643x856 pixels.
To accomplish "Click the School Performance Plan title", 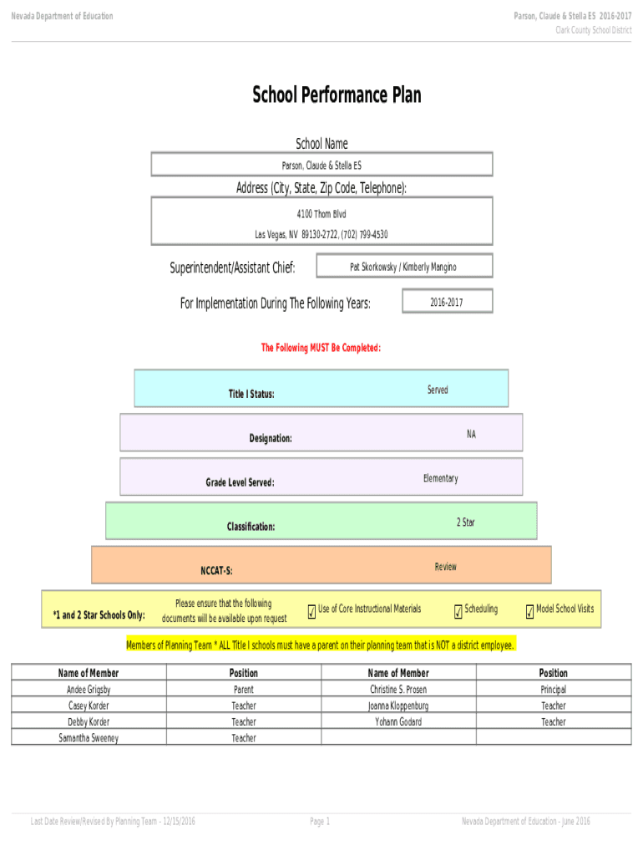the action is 337,95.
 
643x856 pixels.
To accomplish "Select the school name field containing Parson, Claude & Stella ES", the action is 321,165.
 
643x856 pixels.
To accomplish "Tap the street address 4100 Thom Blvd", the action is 321,214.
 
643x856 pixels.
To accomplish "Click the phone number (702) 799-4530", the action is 364,235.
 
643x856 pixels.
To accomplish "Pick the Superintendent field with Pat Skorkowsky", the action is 404,266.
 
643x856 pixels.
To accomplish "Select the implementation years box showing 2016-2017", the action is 448,301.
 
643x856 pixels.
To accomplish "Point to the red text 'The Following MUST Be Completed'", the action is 321,348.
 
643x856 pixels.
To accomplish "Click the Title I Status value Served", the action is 438,390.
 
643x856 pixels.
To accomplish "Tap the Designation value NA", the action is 471,434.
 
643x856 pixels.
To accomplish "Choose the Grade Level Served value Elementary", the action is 441,478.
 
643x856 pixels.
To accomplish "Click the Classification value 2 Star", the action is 466,522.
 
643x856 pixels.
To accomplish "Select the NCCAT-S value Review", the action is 446,567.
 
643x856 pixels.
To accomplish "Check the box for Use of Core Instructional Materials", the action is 312,612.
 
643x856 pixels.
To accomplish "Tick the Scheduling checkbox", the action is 458,612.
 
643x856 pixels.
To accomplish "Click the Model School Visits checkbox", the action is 529,612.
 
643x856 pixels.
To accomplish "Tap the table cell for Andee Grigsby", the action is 89,689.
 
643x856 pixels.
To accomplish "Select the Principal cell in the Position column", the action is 554,689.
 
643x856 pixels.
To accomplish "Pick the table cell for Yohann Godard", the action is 398,721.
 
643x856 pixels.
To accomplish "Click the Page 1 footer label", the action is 320,821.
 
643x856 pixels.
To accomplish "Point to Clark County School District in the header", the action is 594,30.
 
